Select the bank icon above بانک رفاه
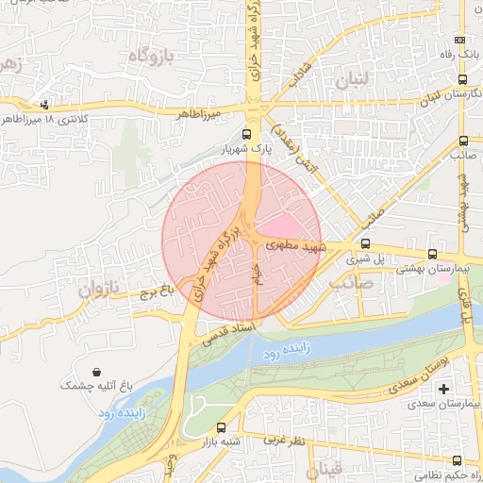pos(459,41)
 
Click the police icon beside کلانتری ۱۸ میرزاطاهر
pos(44,104)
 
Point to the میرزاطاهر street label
pos(201,112)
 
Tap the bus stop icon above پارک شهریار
pos(247,134)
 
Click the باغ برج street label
pos(155,293)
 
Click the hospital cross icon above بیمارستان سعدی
pos(444,390)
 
